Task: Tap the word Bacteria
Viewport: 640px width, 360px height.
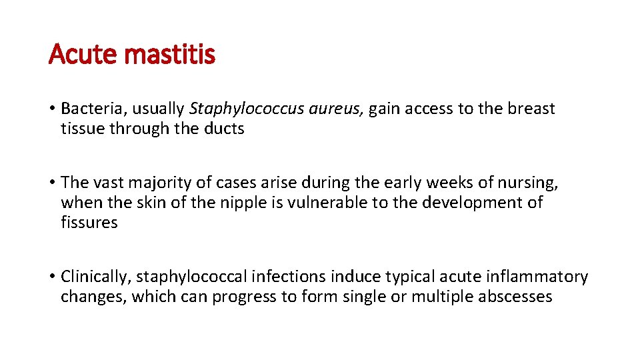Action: tap(88, 109)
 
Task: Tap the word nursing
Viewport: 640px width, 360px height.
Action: tap(531, 183)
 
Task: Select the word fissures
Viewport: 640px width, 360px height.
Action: tap(89, 222)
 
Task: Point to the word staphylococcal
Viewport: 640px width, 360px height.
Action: tap(179, 277)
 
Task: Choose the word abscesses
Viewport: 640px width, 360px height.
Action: tap(515, 297)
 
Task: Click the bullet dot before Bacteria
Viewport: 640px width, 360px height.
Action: tap(51, 109)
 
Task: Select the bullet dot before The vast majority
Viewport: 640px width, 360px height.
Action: tap(51, 183)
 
